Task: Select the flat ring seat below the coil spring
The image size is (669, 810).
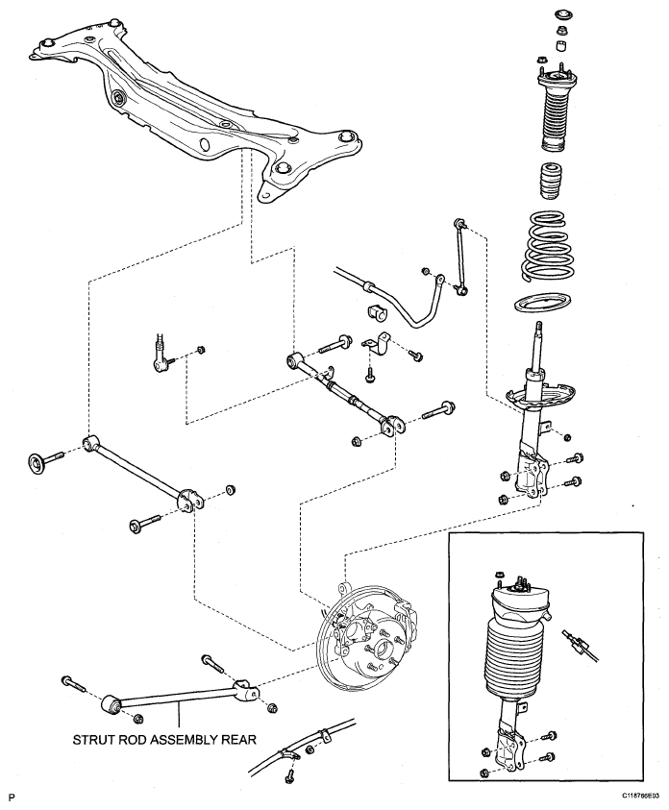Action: click(x=543, y=303)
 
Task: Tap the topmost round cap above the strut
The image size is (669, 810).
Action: click(x=562, y=14)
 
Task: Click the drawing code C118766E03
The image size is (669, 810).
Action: click(x=640, y=795)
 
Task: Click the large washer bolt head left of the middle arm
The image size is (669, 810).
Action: click(x=37, y=462)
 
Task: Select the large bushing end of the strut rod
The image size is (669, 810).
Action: click(x=110, y=703)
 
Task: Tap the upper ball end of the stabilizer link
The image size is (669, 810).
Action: click(x=458, y=223)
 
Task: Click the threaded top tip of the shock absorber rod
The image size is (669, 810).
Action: click(x=539, y=327)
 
